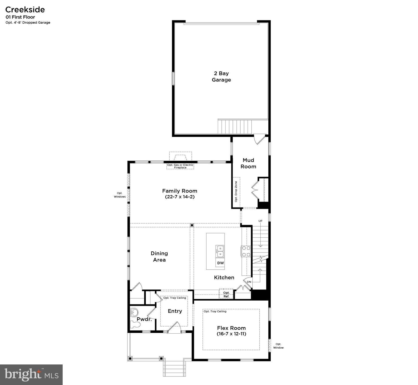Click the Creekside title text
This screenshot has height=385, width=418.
pyautogui.click(x=25, y=10)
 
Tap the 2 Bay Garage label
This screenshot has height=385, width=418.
pyautogui.click(x=221, y=76)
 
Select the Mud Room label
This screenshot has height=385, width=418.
pyautogui.click(x=248, y=163)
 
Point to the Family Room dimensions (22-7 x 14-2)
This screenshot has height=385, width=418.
pyautogui.click(x=180, y=197)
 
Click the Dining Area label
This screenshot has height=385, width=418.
pyautogui.click(x=159, y=256)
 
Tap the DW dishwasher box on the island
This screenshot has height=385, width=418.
pyautogui.click(x=220, y=263)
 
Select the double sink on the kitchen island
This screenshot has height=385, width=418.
pyautogui.click(x=220, y=251)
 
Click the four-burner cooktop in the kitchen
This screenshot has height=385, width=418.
pyautogui.click(x=246, y=251)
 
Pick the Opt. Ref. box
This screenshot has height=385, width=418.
pyautogui.click(x=226, y=294)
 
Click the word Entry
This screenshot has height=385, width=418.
pyautogui.click(x=175, y=311)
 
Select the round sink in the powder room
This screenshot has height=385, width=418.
pyautogui.click(x=135, y=312)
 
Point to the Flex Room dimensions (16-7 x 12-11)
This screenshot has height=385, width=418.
pyautogui.click(x=231, y=334)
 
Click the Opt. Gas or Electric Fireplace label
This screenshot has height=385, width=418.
pyautogui.click(x=180, y=166)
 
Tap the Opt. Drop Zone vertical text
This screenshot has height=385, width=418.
pyautogui.click(x=236, y=191)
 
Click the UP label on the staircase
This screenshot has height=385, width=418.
pyautogui.click(x=260, y=221)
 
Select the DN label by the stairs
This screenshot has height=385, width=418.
pyautogui.click(x=249, y=282)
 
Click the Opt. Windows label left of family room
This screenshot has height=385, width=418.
pyautogui.click(x=120, y=195)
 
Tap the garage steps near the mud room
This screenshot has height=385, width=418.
pyautogui.click(x=235, y=127)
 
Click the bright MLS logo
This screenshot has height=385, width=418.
pyautogui.click(x=31, y=374)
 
